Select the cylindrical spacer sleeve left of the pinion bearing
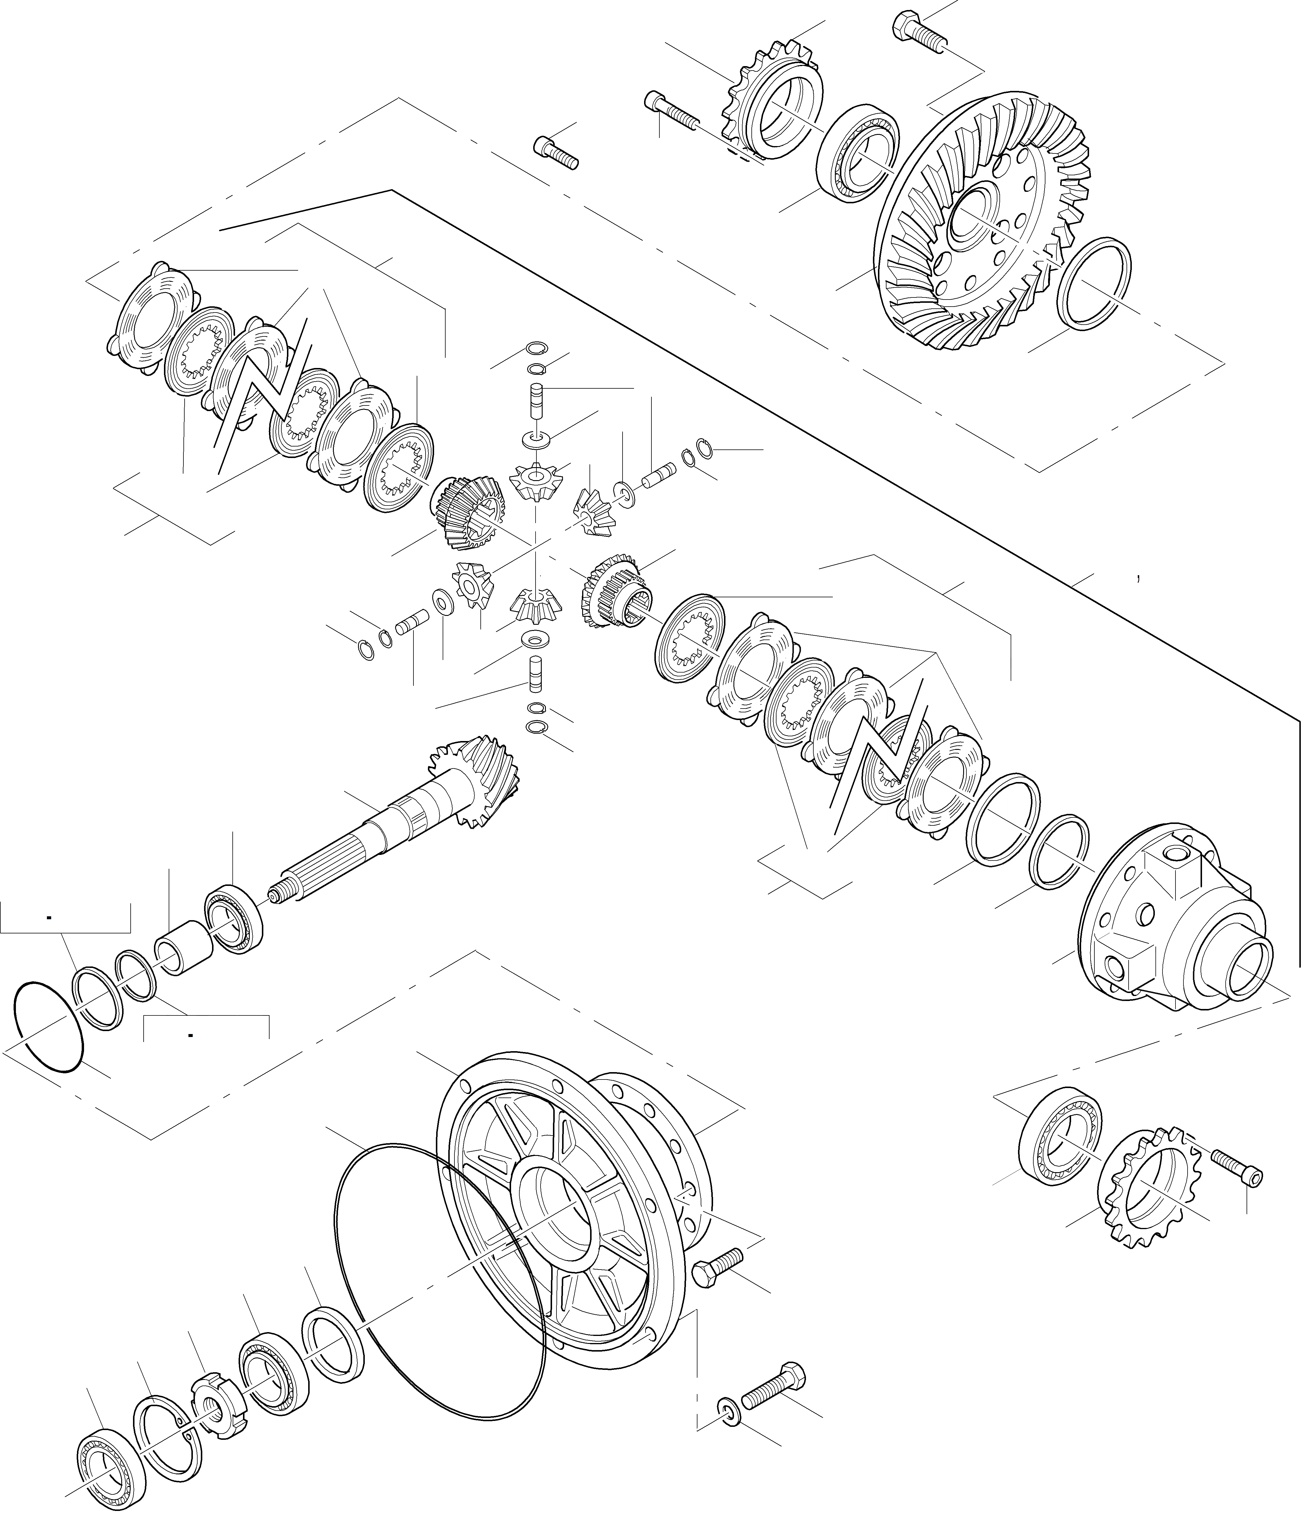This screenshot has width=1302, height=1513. click(x=183, y=948)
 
